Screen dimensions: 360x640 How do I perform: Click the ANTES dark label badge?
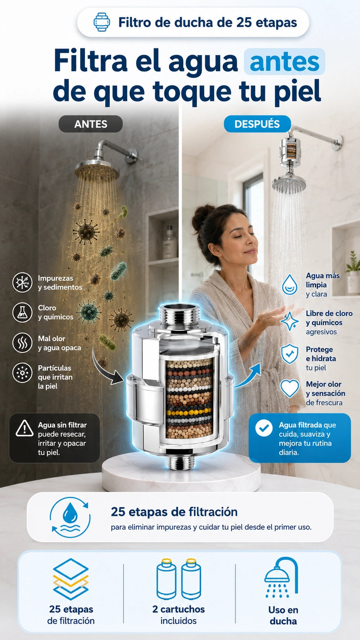pos(91,124)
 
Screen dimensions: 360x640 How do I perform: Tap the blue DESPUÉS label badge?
pos(257,124)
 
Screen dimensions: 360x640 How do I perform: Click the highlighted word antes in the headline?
pos(285,62)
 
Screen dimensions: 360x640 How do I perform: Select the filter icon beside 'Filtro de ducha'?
pos(102,22)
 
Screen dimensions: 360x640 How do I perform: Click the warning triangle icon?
pos(24,428)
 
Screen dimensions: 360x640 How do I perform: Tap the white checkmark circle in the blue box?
pos(264,428)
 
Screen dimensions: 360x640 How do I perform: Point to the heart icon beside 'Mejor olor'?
pos(290,388)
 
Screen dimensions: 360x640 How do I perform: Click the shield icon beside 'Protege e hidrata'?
pos(290,354)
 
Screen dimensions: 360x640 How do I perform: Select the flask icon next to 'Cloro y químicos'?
pos(22,312)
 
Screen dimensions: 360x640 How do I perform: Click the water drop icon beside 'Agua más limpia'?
pos(290,284)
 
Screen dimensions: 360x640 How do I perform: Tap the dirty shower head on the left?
pos(97,170)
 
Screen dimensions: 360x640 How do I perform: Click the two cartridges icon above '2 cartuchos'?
pos(179,579)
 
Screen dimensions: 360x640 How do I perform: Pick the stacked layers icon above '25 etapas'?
pos(71,579)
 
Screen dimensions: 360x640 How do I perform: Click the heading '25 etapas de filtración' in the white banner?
pos(174,512)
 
